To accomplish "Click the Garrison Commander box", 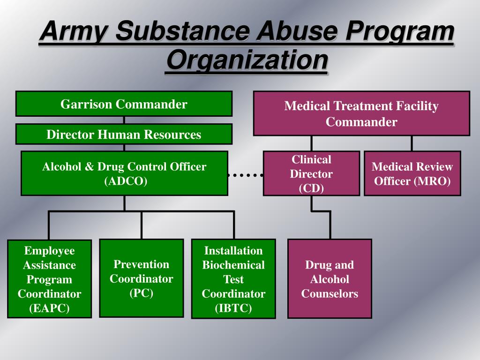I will click(124, 104).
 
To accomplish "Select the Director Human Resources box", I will click(124, 135).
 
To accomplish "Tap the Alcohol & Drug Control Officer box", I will click(124, 173).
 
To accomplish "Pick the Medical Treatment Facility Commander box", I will click(361, 113).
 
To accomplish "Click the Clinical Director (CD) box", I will click(311, 173).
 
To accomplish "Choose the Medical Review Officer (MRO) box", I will click(412, 173).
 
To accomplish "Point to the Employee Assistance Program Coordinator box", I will click(49, 279).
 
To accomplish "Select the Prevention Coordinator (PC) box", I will click(141, 278).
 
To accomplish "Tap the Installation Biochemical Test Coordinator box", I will click(233, 279).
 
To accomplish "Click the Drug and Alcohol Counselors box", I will click(330, 279).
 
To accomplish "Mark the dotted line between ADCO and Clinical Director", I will click(245, 175).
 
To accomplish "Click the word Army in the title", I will click(75, 33).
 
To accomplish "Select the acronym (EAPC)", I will click(49, 308).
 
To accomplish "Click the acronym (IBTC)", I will click(233, 308).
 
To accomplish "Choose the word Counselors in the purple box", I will click(330, 294).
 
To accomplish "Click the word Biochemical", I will click(233, 265).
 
